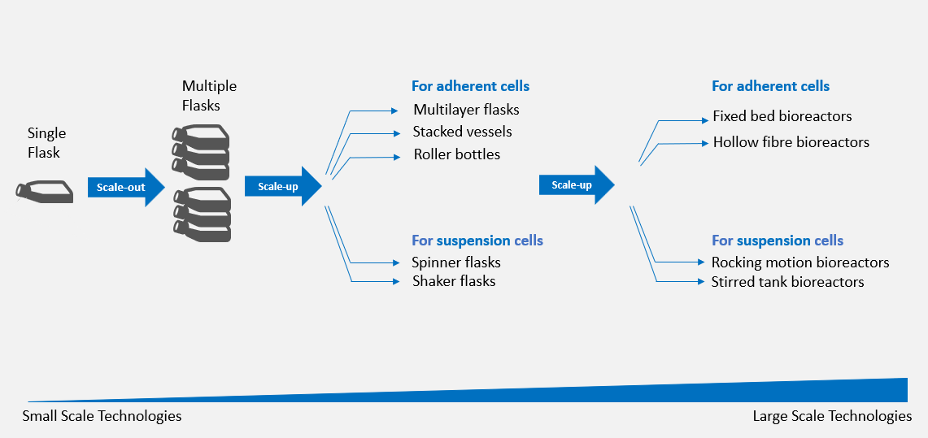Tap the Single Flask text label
coord(46,142)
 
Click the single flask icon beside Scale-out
coord(44,192)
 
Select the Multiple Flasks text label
coord(209,95)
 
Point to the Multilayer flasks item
coord(466,110)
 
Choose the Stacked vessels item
coord(462,132)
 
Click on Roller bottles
coord(456,154)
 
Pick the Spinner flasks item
coord(456,262)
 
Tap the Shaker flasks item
coord(454,281)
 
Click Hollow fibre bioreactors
coord(791,142)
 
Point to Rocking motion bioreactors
coord(799,262)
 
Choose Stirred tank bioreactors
coord(787,282)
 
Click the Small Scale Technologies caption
coord(102,416)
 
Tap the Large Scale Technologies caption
coord(832,416)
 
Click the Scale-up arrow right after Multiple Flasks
coord(277,187)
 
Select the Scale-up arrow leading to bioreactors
coord(571,185)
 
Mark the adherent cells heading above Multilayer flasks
coord(470,86)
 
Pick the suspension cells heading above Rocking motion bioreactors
coord(777,241)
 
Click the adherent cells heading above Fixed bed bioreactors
coord(770,86)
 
